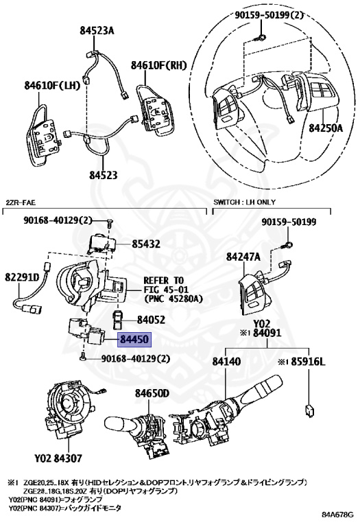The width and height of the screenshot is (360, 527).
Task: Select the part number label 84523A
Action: click(97, 31)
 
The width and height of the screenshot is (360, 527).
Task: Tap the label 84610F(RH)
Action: click(159, 65)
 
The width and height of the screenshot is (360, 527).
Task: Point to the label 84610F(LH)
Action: click(52, 86)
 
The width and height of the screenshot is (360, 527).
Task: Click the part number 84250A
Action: click(326, 128)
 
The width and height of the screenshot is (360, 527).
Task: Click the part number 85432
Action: click(147, 243)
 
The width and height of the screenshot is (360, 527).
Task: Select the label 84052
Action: click(151, 320)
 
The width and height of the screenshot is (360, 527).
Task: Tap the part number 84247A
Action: click(243, 257)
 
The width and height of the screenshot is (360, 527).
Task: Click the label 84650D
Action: click(152, 394)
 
